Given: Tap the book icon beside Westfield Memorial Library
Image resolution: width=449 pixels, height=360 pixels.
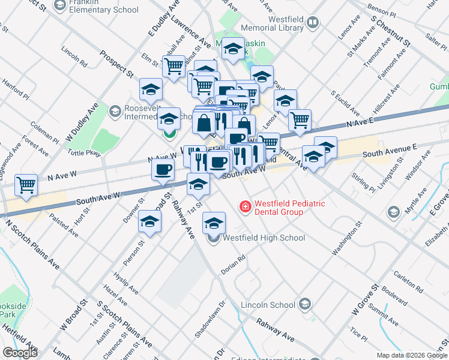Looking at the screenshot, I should (312, 23).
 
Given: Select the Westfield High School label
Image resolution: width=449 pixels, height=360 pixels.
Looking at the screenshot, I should (264, 238).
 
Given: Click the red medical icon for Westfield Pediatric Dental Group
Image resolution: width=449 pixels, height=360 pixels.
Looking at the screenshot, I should (245, 207).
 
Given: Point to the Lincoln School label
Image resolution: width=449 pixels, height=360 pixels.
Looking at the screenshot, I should (268, 305).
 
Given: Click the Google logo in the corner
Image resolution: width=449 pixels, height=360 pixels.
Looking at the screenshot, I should (20, 353).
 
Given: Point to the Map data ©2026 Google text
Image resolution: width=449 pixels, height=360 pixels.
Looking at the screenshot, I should (411, 355).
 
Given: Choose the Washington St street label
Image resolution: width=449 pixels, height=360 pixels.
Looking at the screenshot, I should (346, 235).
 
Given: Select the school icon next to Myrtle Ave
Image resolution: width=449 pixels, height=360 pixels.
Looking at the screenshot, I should (393, 212).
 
